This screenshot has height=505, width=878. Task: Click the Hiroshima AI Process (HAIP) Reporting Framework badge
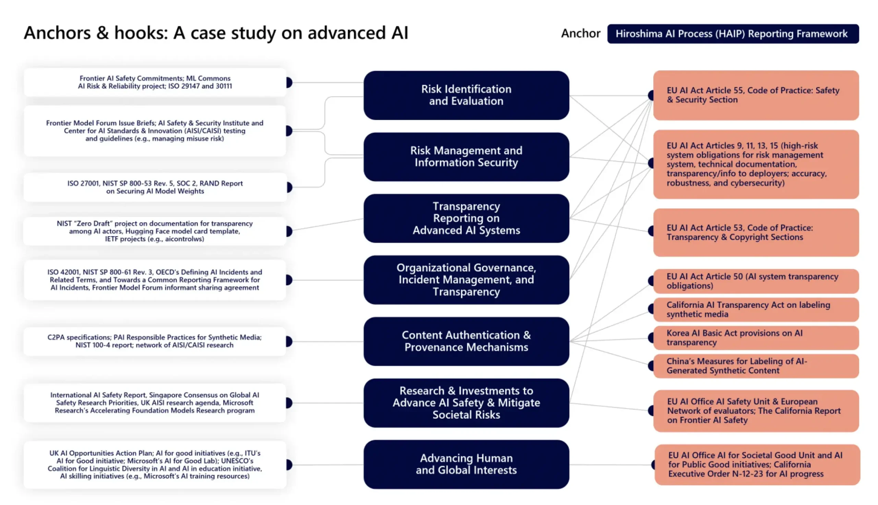[x=733, y=34]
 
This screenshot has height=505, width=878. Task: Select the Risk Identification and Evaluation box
[x=466, y=95]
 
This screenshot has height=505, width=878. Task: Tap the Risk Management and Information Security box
[x=466, y=157]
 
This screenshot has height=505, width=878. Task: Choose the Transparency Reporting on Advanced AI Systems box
[x=466, y=218]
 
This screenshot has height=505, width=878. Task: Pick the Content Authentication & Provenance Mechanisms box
[x=466, y=341]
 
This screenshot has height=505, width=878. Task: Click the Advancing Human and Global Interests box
[x=466, y=464]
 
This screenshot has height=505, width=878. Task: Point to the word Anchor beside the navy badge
[x=580, y=34]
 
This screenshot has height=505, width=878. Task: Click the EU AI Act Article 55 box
[x=755, y=95]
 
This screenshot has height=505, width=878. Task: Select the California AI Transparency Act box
[x=755, y=309]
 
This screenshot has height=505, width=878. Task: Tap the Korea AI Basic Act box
[x=755, y=338]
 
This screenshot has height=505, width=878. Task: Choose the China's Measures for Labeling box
[x=755, y=366]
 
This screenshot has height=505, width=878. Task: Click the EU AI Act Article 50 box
[x=755, y=281]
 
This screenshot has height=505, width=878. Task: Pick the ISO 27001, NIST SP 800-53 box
[x=155, y=187]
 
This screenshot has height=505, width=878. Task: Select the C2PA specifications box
[x=155, y=341]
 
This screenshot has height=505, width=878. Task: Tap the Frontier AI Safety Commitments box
[x=155, y=82]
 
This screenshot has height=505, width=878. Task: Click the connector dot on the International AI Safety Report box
[x=289, y=403]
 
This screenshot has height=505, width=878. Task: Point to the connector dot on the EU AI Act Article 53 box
[x=651, y=231]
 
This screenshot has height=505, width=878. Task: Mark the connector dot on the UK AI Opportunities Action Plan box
[x=289, y=464]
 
